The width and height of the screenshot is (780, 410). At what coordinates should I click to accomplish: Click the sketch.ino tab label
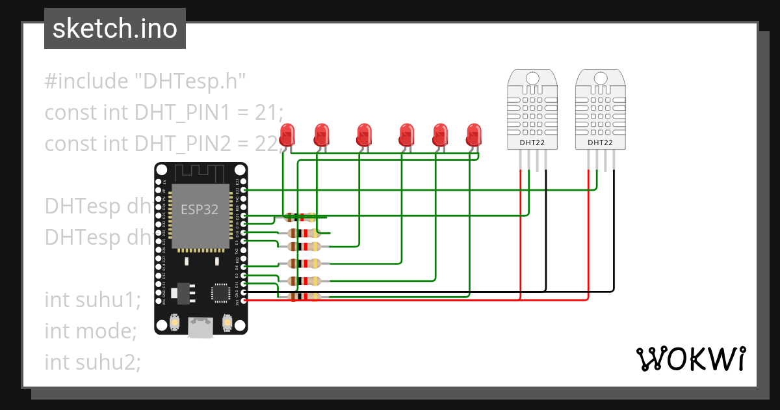click(x=114, y=29)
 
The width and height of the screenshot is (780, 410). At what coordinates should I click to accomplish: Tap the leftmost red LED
click(x=287, y=135)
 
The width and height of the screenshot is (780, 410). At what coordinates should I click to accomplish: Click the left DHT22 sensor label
click(x=532, y=143)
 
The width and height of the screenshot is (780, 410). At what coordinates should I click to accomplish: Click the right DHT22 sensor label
click(x=600, y=143)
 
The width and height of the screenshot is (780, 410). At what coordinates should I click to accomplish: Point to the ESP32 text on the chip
click(x=200, y=210)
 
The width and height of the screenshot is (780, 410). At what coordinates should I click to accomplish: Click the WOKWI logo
click(x=690, y=359)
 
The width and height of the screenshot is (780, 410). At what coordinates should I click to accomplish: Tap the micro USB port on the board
click(x=201, y=327)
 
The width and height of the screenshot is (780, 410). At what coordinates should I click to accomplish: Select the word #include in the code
click(x=86, y=82)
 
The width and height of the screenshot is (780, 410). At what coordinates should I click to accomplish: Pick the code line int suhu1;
click(x=93, y=300)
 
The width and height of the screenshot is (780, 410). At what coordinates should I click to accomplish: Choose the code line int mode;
click(x=90, y=331)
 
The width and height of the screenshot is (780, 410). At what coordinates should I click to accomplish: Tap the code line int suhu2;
click(x=93, y=361)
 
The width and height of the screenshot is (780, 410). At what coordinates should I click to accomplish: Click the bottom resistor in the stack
click(x=304, y=296)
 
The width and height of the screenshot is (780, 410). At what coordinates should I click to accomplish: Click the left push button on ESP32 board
click(x=174, y=321)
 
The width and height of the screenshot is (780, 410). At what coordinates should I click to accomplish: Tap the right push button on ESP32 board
click(x=227, y=321)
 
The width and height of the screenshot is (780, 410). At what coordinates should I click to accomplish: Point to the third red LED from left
click(x=364, y=135)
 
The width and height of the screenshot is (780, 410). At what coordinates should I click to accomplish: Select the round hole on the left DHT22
click(x=532, y=79)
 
